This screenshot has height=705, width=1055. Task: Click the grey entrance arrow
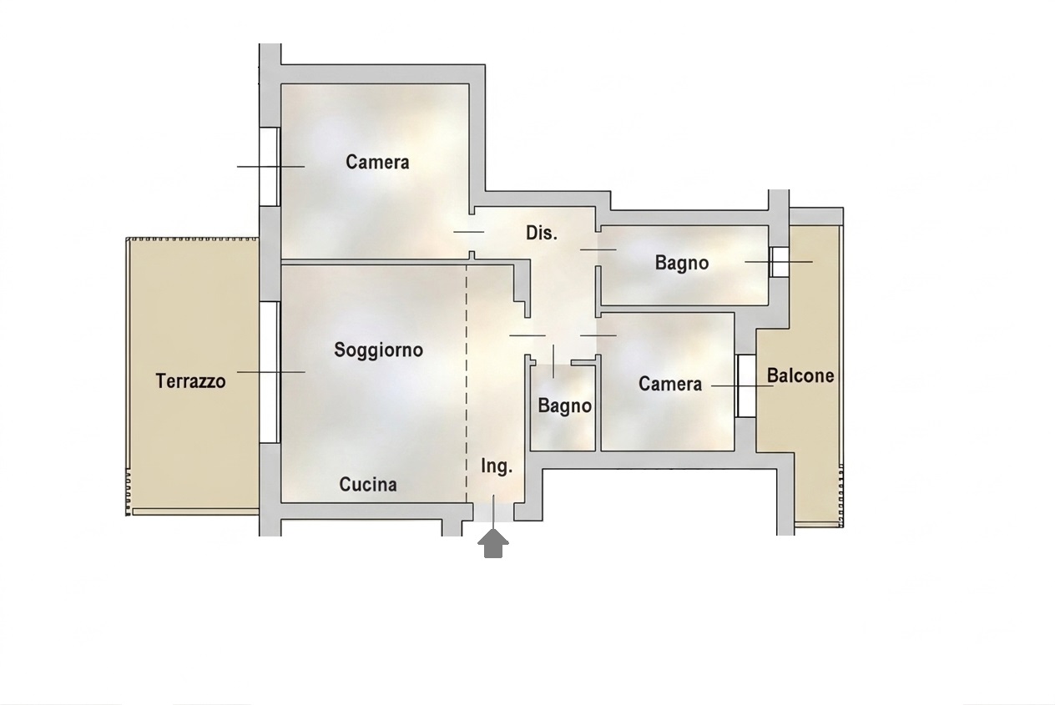coord(493,543)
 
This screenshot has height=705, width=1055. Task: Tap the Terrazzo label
coord(191,381)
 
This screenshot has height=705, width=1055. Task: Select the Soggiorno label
coord(379,350)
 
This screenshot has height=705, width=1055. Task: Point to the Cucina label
coord(368,485)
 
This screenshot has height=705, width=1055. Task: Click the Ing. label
coord(497,466)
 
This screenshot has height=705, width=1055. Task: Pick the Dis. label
coord(542,233)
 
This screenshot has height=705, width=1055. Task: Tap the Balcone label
coord(800,375)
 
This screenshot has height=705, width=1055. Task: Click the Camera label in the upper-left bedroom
coord(377,162)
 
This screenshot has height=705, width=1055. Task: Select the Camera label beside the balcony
coord(670,384)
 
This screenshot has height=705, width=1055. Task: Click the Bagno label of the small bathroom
coord(565,405)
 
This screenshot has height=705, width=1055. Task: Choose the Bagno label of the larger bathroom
coord(682,263)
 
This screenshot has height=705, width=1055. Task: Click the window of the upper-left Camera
coord(270,166)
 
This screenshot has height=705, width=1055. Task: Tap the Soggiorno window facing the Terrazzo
coord(270,371)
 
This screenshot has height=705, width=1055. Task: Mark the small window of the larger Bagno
coord(779,262)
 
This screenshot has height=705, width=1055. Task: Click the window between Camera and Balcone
coord(746,385)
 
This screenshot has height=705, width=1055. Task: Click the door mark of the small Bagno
coord(553,361)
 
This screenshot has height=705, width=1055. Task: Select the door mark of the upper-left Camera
coord(468,232)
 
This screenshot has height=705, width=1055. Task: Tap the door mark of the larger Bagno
coord(598,249)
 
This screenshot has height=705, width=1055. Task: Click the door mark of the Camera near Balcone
coord(598,335)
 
